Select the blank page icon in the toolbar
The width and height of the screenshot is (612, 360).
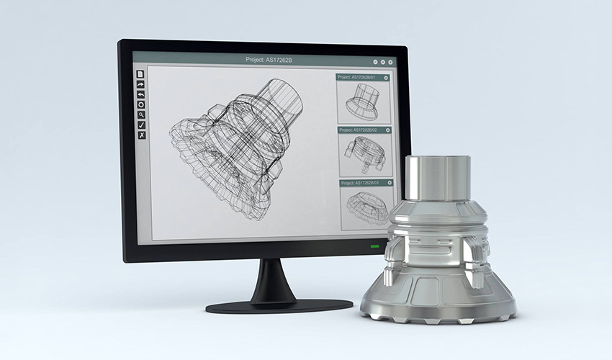pyautogui.click(x=141, y=74)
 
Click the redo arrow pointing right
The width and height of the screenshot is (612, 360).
pyautogui.click(x=141, y=84)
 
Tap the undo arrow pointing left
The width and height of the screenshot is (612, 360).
pyautogui.click(x=141, y=94)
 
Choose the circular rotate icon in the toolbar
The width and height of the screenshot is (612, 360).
pyautogui.click(x=141, y=104)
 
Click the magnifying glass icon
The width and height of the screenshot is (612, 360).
pyautogui.click(x=141, y=114)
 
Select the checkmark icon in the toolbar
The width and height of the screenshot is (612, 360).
pyautogui.click(x=141, y=125)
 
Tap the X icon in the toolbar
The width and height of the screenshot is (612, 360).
pyautogui.click(x=141, y=135)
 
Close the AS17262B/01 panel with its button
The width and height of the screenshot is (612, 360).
pyautogui.click(x=387, y=77)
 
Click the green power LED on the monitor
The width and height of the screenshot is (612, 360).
pyautogui.click(x=374, y=247)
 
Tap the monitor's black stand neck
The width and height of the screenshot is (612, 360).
pyautogui.click(x=271, y=277)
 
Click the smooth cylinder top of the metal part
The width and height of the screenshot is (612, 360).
pyautogui.click(x=437, y=177)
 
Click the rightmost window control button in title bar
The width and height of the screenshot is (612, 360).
pyautogui.click(x=392, y=62)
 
